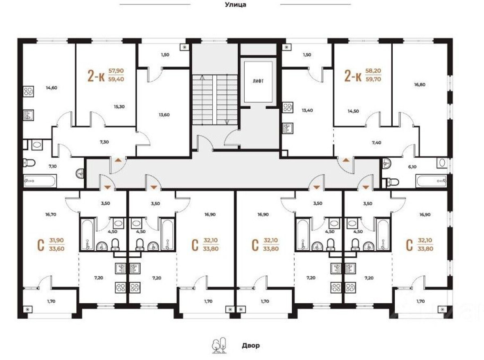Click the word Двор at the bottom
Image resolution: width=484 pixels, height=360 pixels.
pyautogui.click(x=250, y=346)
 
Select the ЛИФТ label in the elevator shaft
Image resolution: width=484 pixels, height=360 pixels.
pyautogui.click(x=258, y=81)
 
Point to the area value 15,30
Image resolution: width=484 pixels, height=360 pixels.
pyautogui.click(x=119, y=106)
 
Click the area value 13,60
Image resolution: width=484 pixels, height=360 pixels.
pyautogui.click(x=164, y=115)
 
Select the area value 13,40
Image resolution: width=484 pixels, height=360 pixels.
pyautogui.click(x=307, y=110)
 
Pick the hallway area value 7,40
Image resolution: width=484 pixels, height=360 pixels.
pyautogui.click(x=376, y=142)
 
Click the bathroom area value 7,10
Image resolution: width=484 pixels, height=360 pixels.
pyautogui.click(x=53, y=166)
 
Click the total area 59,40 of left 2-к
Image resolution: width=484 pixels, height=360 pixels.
pyautogui.click(x=116, y=80)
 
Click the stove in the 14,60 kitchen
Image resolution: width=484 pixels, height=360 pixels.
pyautogui.click(x=29, y=92)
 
